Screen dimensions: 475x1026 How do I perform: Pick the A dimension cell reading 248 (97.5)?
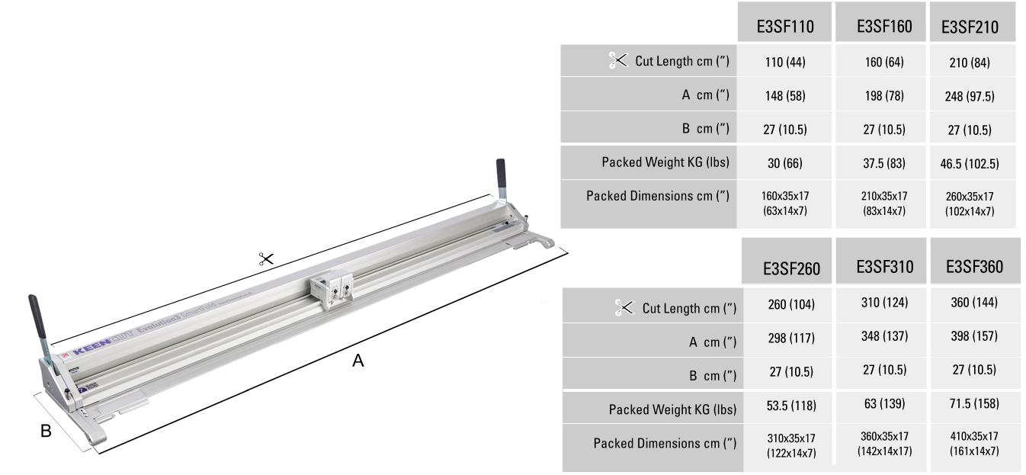click(x=972, y=96)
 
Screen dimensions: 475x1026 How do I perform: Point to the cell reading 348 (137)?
click(x=879, y=336)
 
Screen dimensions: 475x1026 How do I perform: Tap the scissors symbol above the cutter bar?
click(x=266, y=260)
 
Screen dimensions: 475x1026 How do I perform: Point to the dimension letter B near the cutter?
click(x=46, y=431)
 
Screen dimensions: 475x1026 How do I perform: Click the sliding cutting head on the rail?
click(x=331, y=292)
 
